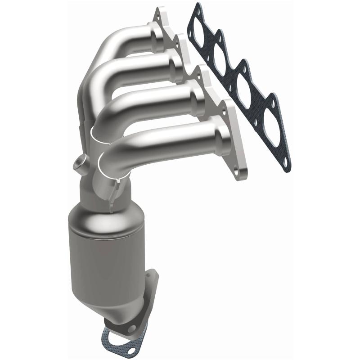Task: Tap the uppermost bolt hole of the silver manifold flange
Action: [x=158, y=14]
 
